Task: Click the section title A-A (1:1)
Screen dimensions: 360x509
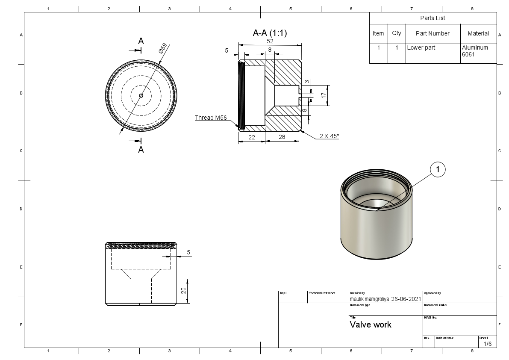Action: pyautogui.click(x=270, y=33)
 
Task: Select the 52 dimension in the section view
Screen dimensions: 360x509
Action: pyautogui.click(x=270, y=41)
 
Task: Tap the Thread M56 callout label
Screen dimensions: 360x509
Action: pyautogui.click(x=211, y=118)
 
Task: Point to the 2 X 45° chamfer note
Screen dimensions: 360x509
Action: pyautogui.click(x=329, y=136)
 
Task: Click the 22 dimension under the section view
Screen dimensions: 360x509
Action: pyautogui.click(x=252, y=137)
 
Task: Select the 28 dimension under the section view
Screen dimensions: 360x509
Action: pyautogui.click(x=282, y=137)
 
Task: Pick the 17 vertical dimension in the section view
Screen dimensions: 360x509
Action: pyautogui.click(x=324, y=95)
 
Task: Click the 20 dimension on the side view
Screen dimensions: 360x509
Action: pyautogui.click(x=183, y=291)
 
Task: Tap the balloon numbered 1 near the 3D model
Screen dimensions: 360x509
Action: pyautogui.click(x=438, y=170)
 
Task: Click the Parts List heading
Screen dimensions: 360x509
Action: pyautogui.click(x=433, y=18)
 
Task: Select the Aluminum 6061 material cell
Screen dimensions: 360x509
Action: pyautogui.click(x=475, y=51)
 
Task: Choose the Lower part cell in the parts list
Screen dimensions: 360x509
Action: pyautogui.click(x=421, y=47)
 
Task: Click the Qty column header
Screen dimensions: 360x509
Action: pyautogui.click(x=397, y=33)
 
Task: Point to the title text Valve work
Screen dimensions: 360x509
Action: pyautogui.click(x=371, y=325)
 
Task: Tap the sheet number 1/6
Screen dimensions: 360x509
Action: pyautogui.click(x=488, y=344)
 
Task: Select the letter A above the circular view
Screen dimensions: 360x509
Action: pyautogui.click(x=141, y=41)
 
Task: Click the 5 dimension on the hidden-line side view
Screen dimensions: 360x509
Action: pyautogui.click(x=188, y=253)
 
